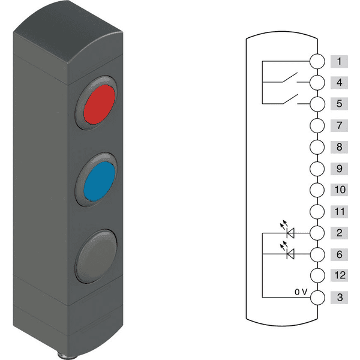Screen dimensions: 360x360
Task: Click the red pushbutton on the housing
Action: click(99, 104)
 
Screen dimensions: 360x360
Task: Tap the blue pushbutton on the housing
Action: click(99, 181)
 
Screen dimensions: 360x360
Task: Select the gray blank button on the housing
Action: click(97, 256)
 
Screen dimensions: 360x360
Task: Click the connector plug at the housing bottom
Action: click(67, 355)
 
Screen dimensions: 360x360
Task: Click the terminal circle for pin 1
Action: click(317, 61)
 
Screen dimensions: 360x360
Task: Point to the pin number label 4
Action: click(340, 82)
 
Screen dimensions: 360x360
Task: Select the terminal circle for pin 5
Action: click(317, 104)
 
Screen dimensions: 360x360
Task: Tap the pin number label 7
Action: click(340, 125)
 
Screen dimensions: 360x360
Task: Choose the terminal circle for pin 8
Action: click(317, 147)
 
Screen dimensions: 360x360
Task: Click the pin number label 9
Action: click(340, 169)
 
